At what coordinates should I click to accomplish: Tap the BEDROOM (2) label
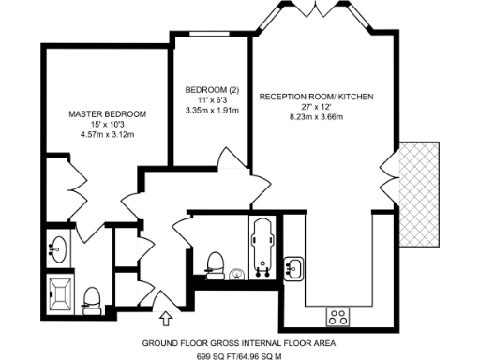click(x=213, y=89)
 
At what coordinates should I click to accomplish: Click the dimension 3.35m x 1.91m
click(x=213, y=111)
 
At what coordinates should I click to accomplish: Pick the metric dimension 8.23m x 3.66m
click(x=316, y=117)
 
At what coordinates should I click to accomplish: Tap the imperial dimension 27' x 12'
click(x=315, y=107)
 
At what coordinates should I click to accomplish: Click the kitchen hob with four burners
click(x=337, y=315)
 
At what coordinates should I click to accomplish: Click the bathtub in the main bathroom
click(x=261, y=245)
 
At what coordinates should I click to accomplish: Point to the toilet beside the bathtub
click(x=214, y=261)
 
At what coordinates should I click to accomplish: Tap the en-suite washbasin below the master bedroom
click(x=57, y=248)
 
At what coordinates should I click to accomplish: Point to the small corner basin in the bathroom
click(x=236, y=274)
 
